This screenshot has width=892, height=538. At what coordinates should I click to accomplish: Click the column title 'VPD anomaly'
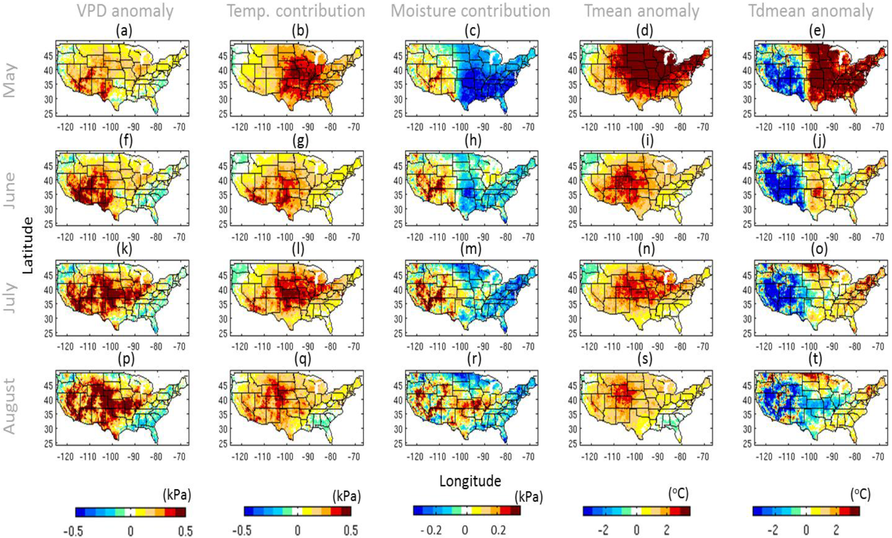point(125,11)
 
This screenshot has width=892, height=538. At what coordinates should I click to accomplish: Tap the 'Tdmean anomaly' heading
point(811,11)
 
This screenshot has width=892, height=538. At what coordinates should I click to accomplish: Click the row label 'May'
point(10,81)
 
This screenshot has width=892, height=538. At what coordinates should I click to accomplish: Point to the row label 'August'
point(10,406)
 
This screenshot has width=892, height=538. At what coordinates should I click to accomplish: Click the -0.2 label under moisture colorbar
point(431,530)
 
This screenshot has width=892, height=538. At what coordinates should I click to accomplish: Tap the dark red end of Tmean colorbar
point(685,511)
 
